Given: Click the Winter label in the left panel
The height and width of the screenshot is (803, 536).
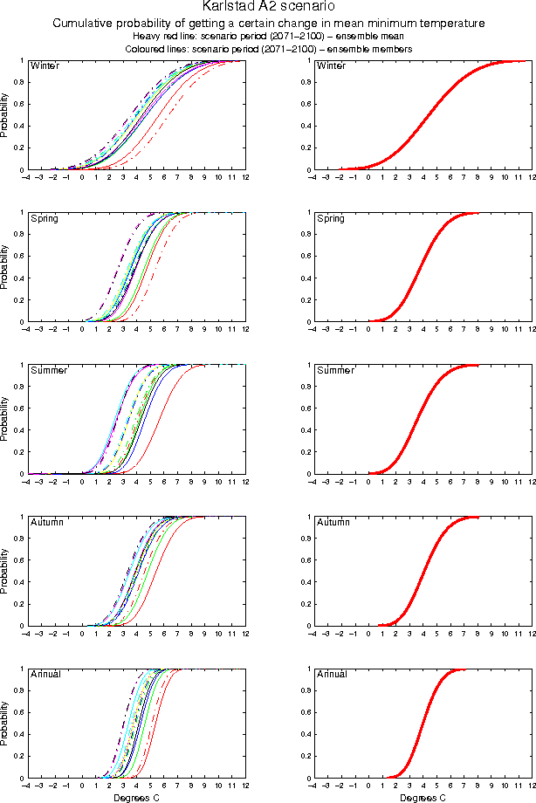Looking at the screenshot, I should [x=44, y=66].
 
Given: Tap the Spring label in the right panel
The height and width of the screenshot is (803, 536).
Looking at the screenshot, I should [x=329, y=218].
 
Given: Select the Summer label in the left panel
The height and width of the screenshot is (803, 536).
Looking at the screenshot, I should [x=47, y=370].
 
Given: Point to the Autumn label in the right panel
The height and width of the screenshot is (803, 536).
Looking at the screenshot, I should [x=331, y=522].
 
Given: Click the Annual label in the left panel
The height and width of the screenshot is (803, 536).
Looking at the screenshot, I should [x=45, y=674].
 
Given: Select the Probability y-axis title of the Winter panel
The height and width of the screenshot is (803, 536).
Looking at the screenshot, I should [x=6, y=115].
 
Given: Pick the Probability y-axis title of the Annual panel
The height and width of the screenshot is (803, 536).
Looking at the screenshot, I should [x=6, y=724].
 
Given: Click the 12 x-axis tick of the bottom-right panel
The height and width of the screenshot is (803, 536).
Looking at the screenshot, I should [x=531, y=786].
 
